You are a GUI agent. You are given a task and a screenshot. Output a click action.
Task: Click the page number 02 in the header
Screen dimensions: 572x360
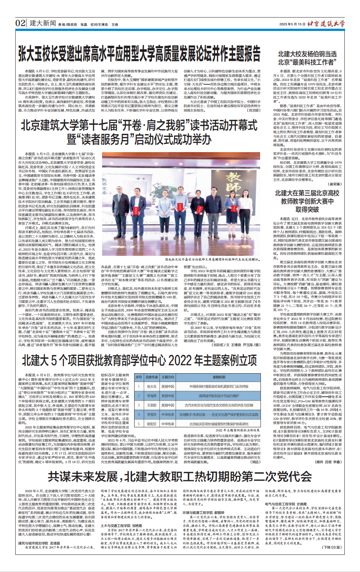[20, 23]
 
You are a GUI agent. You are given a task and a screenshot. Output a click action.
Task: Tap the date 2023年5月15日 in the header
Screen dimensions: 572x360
[292, 24]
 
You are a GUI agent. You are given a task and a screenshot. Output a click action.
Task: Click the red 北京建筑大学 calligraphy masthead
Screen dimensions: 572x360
[326, 23]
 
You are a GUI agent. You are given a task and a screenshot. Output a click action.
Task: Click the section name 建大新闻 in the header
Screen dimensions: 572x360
[42, 23]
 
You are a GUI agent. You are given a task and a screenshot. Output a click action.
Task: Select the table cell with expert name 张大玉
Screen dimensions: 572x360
[152, 387]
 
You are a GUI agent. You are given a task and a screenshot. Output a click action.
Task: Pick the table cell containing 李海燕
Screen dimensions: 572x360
[152, 396]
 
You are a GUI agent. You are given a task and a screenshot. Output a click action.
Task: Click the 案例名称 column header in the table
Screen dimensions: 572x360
[219, 377]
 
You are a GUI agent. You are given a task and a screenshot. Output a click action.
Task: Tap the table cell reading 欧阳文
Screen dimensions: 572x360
[152, 424]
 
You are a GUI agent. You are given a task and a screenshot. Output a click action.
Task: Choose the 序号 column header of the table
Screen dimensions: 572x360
[139, 377]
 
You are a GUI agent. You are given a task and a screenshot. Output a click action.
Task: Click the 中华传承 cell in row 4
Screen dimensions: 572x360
[168, 415]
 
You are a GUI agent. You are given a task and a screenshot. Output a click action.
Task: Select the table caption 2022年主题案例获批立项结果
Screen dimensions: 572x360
[237, 430]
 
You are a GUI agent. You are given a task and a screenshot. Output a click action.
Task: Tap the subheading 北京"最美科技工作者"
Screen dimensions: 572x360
[307, 62]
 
